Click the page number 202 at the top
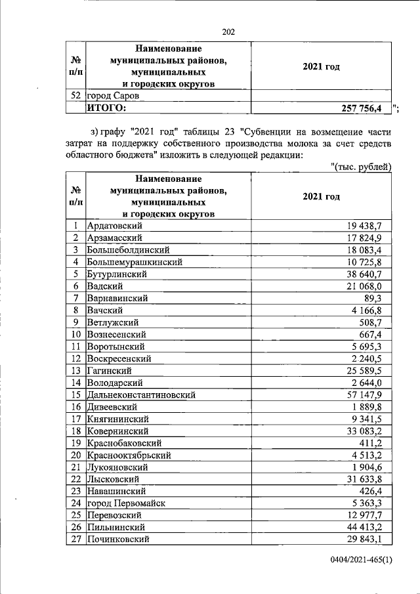pos(228,32)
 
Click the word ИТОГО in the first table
pos(106,108)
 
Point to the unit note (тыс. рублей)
pos(361,167)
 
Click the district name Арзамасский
pos(115,238)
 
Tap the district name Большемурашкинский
pos(135,262)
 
